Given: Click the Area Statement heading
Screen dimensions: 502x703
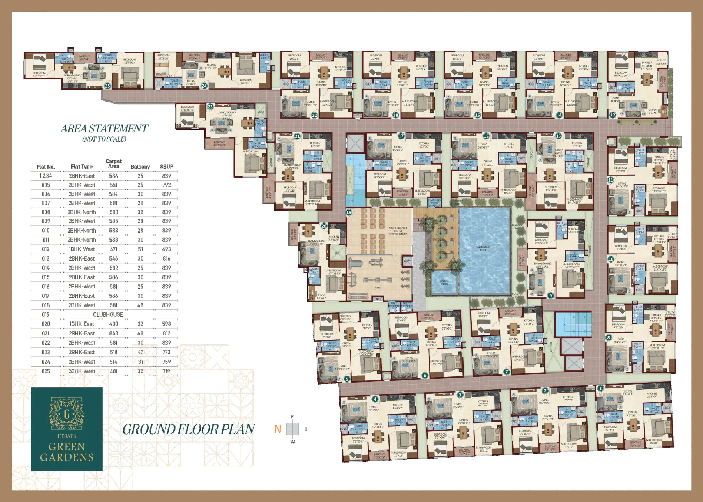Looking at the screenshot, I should [104, 129].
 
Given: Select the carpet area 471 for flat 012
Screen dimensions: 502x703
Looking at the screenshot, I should [113, 249].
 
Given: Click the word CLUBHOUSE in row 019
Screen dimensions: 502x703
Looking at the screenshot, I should [108, 314].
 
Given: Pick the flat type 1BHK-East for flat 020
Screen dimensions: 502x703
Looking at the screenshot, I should [82, 324].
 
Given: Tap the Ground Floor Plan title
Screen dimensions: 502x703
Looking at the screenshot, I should [188, 429].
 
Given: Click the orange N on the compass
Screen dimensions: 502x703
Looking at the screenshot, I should [278, 429].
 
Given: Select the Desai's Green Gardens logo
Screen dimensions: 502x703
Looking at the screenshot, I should [67, 429].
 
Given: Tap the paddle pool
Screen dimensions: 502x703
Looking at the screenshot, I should [444, 282].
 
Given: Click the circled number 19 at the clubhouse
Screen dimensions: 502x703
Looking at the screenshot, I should [349, 212].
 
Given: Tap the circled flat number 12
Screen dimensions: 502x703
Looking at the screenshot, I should [612, 115].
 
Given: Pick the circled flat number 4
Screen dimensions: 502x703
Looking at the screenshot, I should [375, 399].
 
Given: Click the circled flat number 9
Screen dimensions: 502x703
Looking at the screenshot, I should [550, 296].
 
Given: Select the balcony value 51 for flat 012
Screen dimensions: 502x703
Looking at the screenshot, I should [140, 249].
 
